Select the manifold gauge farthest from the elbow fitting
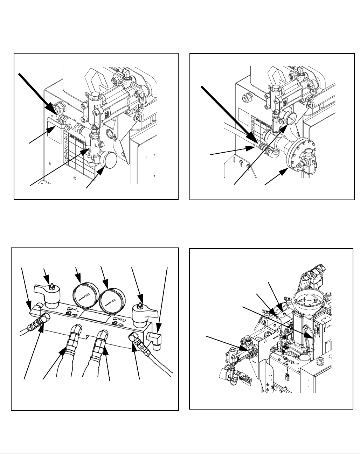(85, 293)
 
